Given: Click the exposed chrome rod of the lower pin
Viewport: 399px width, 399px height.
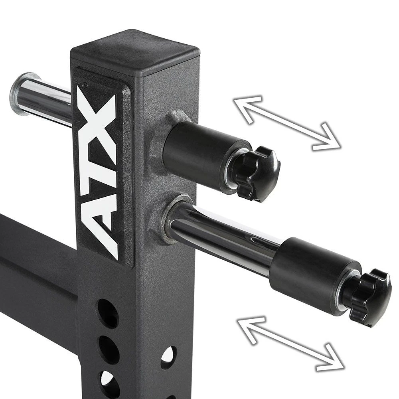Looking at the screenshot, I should point(223,239).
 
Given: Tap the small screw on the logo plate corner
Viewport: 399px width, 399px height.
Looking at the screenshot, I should point(84,84).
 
